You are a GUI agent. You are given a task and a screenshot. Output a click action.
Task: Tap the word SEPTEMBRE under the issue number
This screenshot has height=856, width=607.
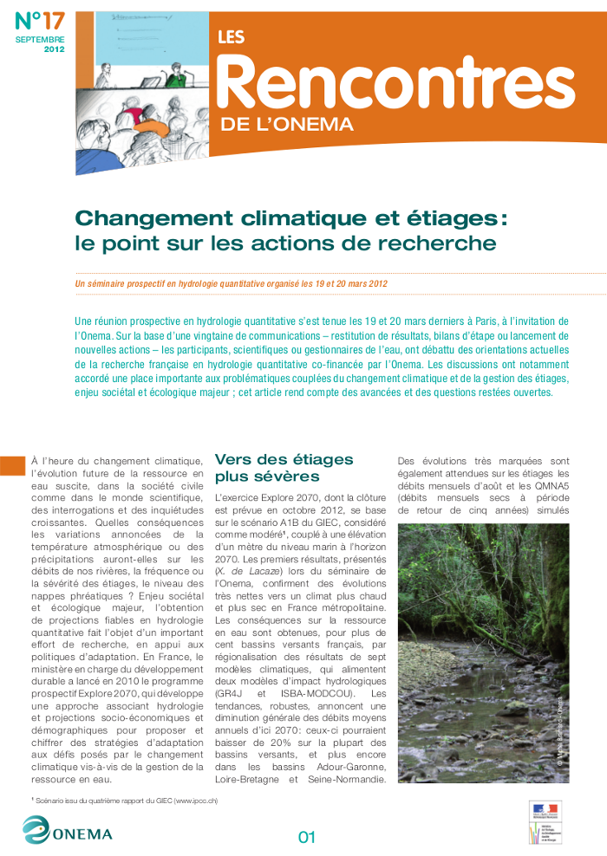point(40,41)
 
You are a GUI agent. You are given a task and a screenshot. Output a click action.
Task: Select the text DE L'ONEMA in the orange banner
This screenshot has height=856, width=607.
point(287,124)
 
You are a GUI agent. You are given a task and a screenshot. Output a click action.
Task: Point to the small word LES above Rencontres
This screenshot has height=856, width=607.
point(231,37)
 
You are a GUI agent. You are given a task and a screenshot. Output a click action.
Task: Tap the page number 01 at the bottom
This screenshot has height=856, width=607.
point(306,837)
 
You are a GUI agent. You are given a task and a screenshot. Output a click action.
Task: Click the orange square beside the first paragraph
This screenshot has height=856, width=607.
point(11,465)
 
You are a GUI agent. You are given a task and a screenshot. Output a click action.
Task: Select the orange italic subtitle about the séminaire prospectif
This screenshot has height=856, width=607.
point(232,283)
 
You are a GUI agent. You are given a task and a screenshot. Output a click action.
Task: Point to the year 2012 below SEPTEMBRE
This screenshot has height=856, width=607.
point(54,49)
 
